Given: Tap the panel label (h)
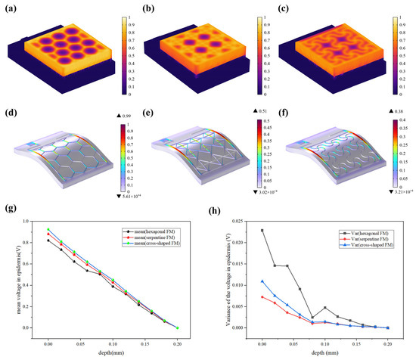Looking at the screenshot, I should [x=220, y=214].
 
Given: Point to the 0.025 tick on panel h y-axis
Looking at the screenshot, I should [x=237, y=221].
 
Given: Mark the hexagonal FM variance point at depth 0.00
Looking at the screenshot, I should [x=262, y=230].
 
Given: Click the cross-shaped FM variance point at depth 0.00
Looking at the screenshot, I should [x=262, y=281].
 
